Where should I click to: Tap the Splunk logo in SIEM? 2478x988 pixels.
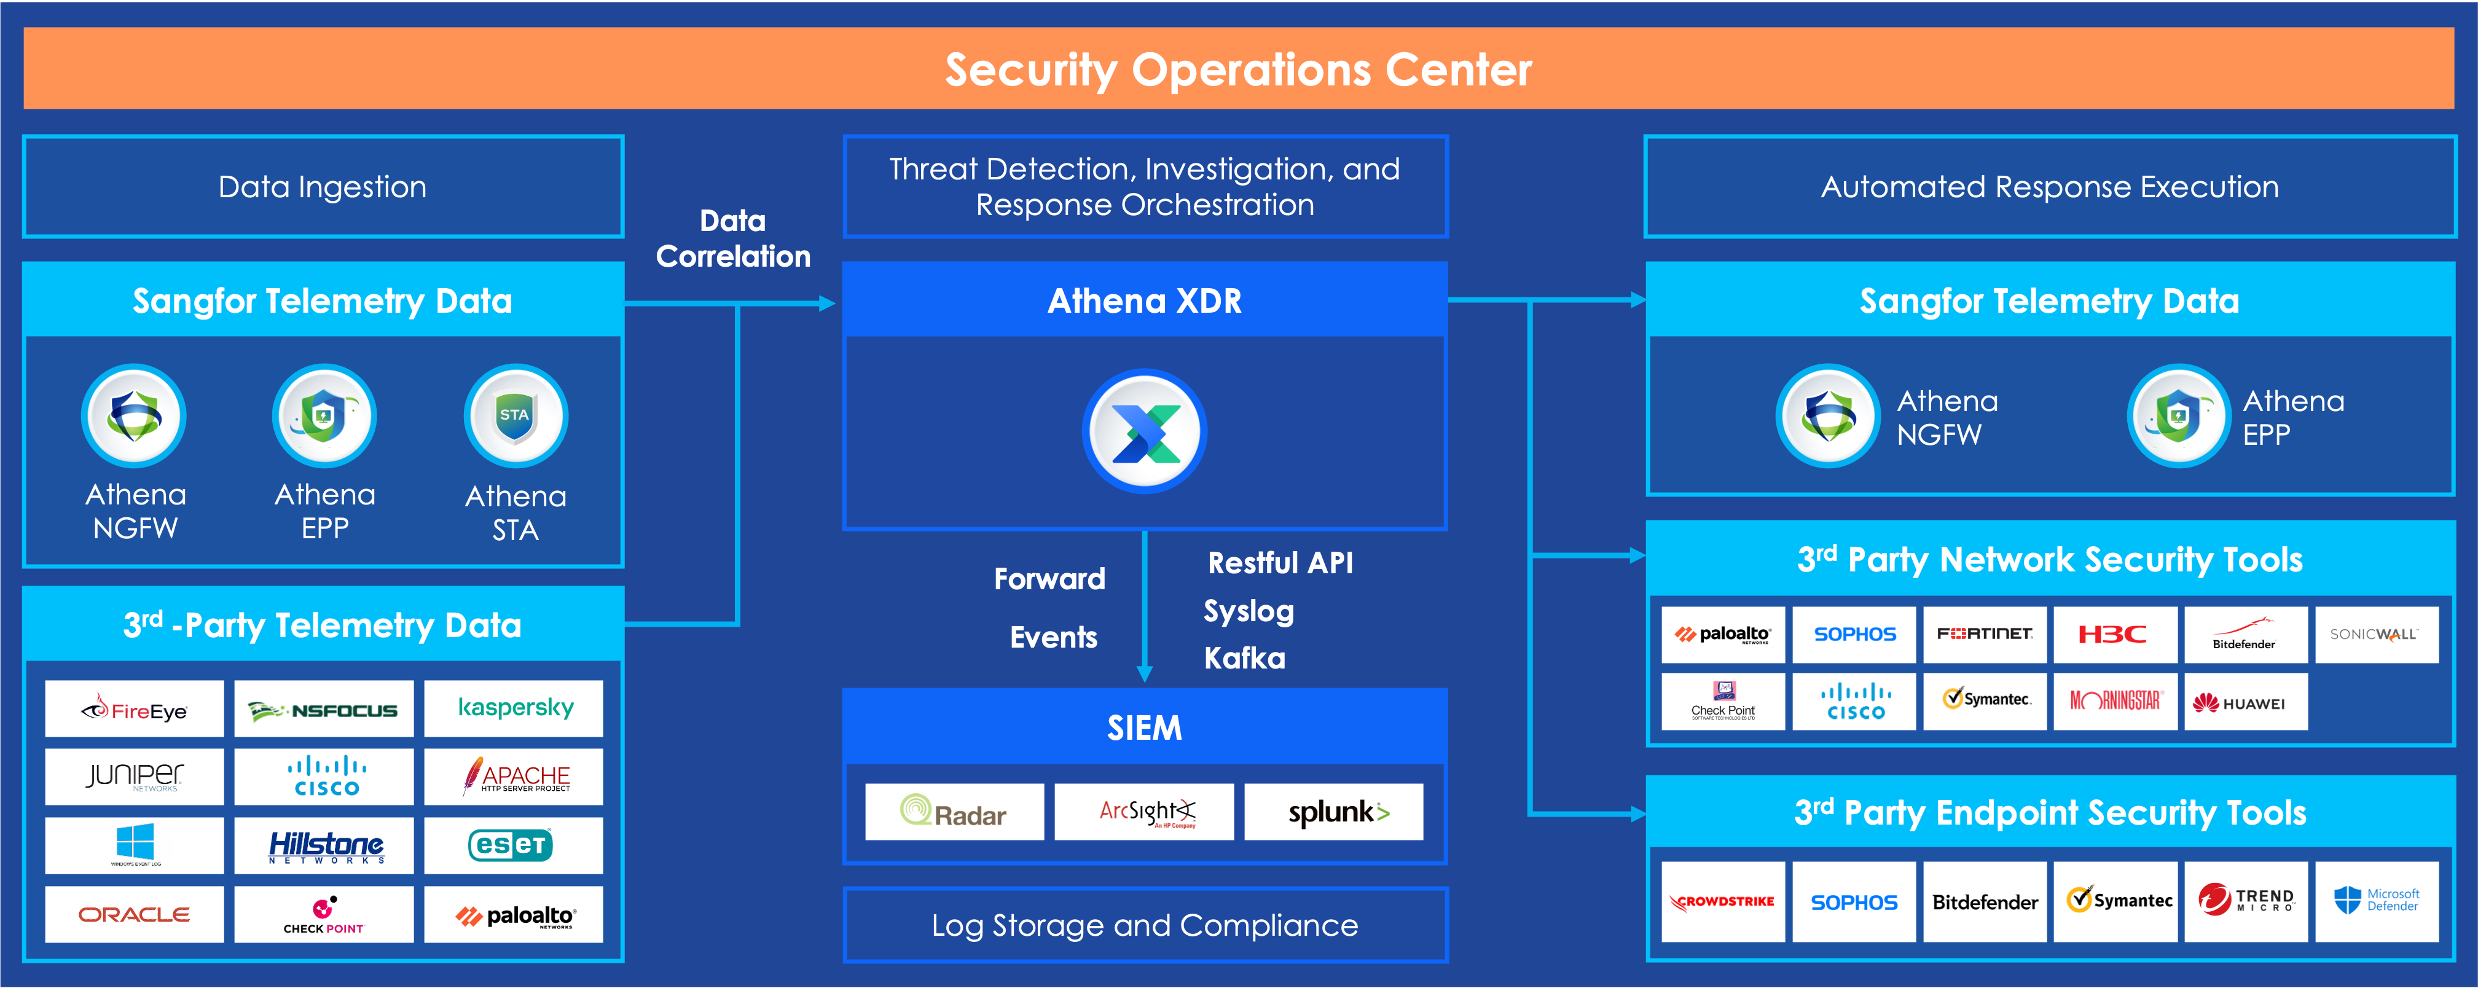click(1333, 812)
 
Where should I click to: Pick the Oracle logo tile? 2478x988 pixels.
click(134, 914)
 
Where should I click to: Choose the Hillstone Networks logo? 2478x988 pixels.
click(324, 845)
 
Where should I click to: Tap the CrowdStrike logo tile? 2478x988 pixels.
click(1723, 901)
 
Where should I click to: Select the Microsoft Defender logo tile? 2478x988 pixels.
click(2376, 901)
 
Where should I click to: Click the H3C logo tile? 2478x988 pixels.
click(2114, 634)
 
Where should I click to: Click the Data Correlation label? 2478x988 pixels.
click(733, 238)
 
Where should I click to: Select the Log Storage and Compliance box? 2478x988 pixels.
click(1145, 925)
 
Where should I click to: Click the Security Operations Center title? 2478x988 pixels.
click(1238, 69)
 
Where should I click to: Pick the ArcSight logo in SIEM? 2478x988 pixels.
click(1144, 812)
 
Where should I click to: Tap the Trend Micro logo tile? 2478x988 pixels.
click(2245, 901)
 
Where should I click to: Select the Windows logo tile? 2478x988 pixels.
click(134, 845)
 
